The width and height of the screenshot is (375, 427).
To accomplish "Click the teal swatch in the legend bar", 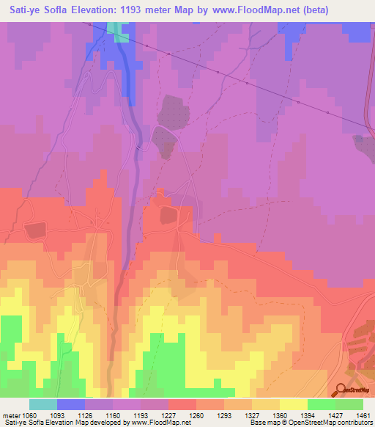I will (x=43, y=404).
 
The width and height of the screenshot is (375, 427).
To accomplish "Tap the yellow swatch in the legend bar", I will (x=294, y=404).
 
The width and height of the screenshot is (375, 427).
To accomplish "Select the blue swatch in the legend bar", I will (x=71, y=404).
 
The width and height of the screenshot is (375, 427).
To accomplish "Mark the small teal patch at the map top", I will (x=116, y=27).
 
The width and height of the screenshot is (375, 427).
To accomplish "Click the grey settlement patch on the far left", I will (x=34, y=230).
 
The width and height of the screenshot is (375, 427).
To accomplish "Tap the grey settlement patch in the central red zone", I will (x=169, y=214).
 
